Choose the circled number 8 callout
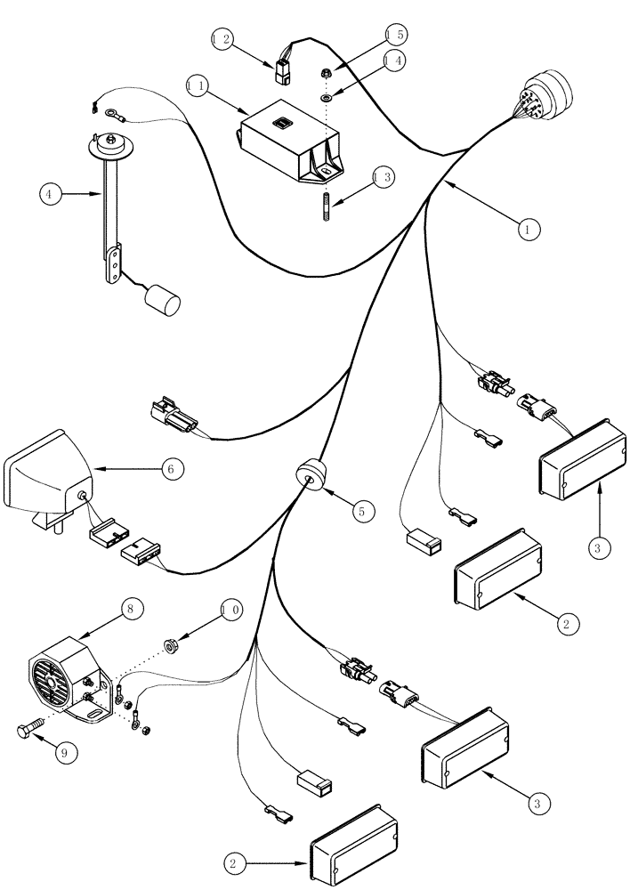click(x=131, y=610)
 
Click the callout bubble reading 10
click(x=230, y=610)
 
